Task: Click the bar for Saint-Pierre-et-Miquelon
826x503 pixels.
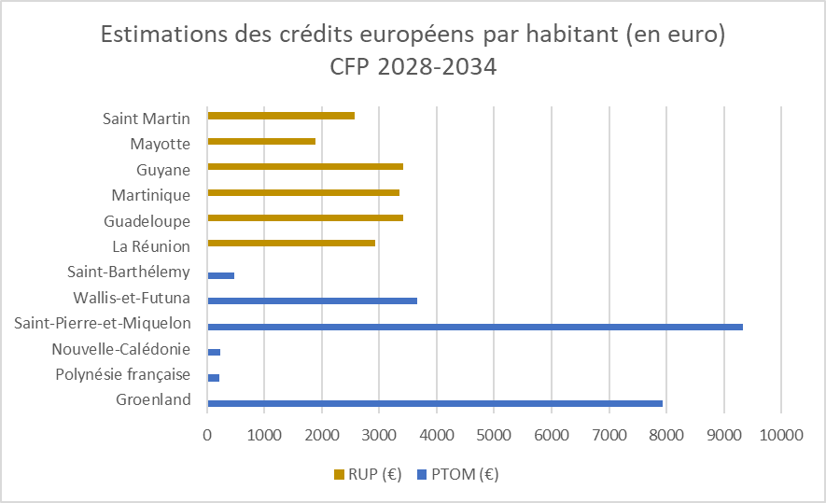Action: (475, 327)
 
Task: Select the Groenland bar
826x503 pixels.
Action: (435, 403)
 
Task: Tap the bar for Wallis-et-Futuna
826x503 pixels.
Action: (312, 300)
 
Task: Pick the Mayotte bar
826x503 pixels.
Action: (261, 142)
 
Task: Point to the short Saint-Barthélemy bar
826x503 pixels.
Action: (220, 275)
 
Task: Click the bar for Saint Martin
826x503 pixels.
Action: (281, 116)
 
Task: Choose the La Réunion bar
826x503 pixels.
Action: (291, 243)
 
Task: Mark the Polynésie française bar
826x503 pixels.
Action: (214, 378)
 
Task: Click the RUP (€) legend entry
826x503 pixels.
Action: (368, 474)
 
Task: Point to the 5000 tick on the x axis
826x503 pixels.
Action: (494, 434)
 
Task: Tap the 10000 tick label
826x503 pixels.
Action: (780, 434)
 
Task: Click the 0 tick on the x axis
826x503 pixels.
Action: (207, 434)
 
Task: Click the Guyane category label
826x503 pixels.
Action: (163, 170)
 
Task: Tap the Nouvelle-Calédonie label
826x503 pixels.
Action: (121, 349)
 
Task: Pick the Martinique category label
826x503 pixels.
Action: (151, 195)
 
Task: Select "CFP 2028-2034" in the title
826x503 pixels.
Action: (413, 67)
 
